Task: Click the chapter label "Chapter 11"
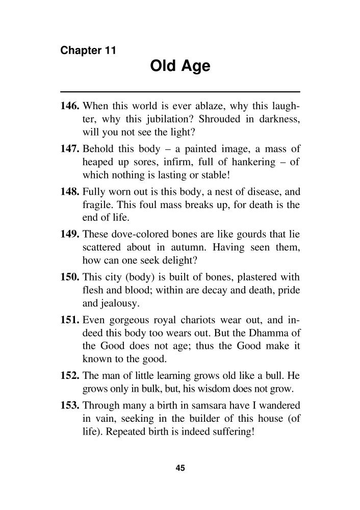coord(88,50)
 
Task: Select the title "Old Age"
coord(180,66)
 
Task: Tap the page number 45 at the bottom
coord(179,469)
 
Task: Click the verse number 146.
coord(70,107)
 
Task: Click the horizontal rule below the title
coord(180,91)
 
